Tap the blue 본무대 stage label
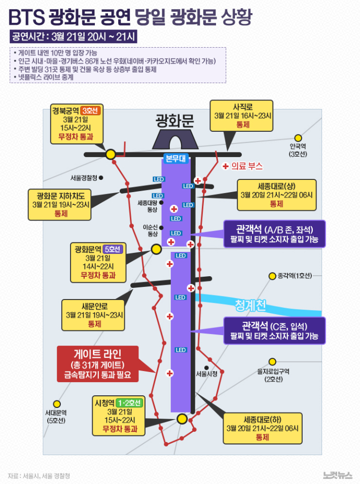[x=175, y=157]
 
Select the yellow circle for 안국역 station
[x=298, y=138]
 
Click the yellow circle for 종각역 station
[x=272, y=276]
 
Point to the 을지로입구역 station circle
[x=272, y=361]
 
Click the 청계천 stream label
[x=250, y=305]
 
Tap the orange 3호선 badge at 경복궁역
[x=92, y=110]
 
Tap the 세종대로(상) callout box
[x=276, y=194]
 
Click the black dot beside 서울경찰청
[x=101, y=178]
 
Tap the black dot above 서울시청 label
[x=206, y=367]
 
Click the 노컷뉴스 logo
[x=337, y=475]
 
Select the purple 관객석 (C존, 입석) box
[x=274, y=330]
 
